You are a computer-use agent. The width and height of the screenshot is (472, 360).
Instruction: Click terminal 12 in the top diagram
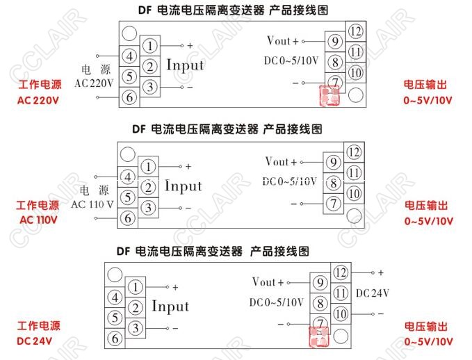356,31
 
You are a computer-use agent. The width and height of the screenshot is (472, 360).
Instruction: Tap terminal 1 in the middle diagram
148,167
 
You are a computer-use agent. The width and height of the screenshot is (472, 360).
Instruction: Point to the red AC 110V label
39,220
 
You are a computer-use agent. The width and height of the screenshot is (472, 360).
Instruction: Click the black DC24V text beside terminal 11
373,294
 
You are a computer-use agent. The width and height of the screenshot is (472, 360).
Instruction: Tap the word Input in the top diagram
185,65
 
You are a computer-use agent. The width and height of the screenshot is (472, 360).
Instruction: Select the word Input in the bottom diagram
170,306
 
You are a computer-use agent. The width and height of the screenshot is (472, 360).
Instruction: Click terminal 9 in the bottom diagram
320,283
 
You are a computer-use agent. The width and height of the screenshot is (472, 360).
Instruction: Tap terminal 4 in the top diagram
129,56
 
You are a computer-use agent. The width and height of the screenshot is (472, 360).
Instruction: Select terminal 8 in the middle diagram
334,183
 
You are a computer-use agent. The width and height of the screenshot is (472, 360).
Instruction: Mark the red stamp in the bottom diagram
319,337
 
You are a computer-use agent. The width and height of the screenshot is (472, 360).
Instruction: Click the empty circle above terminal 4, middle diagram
127,154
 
